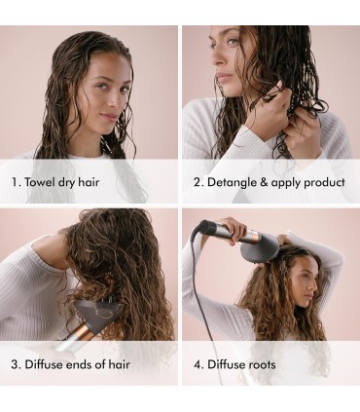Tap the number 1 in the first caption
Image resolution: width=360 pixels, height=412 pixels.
pyautogui.click(x=15, y=182)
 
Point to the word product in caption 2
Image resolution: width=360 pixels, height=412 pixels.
pyautogui.click(x=324, y=183)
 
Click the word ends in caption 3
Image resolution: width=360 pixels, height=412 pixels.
pyautogui.click(x=80, y=364)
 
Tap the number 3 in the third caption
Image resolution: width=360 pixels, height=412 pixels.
pyautogui.click(x=15, y=364)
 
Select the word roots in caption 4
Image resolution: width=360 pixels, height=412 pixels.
pyautogui.click(x=262, y=364)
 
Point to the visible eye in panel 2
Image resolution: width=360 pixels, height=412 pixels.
pyautogui.click(x=233, y=41)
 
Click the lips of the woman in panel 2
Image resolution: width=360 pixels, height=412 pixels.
pyautogui.click(x=222, y=77)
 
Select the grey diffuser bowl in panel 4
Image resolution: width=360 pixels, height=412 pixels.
pyautogui.click(x=260, y=248)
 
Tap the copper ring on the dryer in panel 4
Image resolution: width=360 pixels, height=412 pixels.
pyautogui.click(x=253, y=236)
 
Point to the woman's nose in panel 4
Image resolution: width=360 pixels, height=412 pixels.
pyautogui.click(x=315, y=285)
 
